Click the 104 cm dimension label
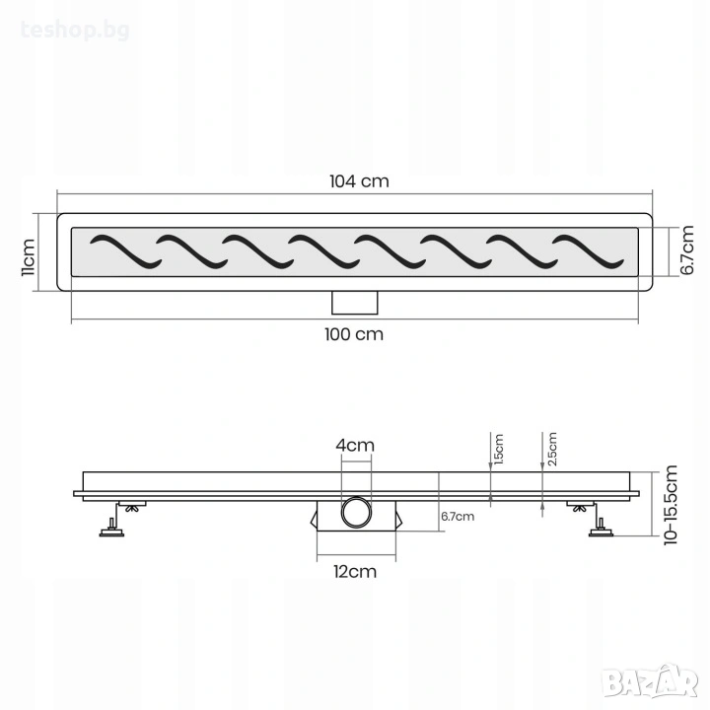click(x=359, y=181)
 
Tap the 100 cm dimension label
click(x=354, y=334)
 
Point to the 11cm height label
click(x=28, y=256)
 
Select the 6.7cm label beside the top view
click(x=687, y=249)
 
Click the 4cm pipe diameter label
click(x=355, y=446)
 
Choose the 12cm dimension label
click(x=355, y=571)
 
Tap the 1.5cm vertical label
click(x=499, y=450)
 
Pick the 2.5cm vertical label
click(x=552, y=449)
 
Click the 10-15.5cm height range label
click(x=671, y=505)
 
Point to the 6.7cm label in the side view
click(x=458, y=516)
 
